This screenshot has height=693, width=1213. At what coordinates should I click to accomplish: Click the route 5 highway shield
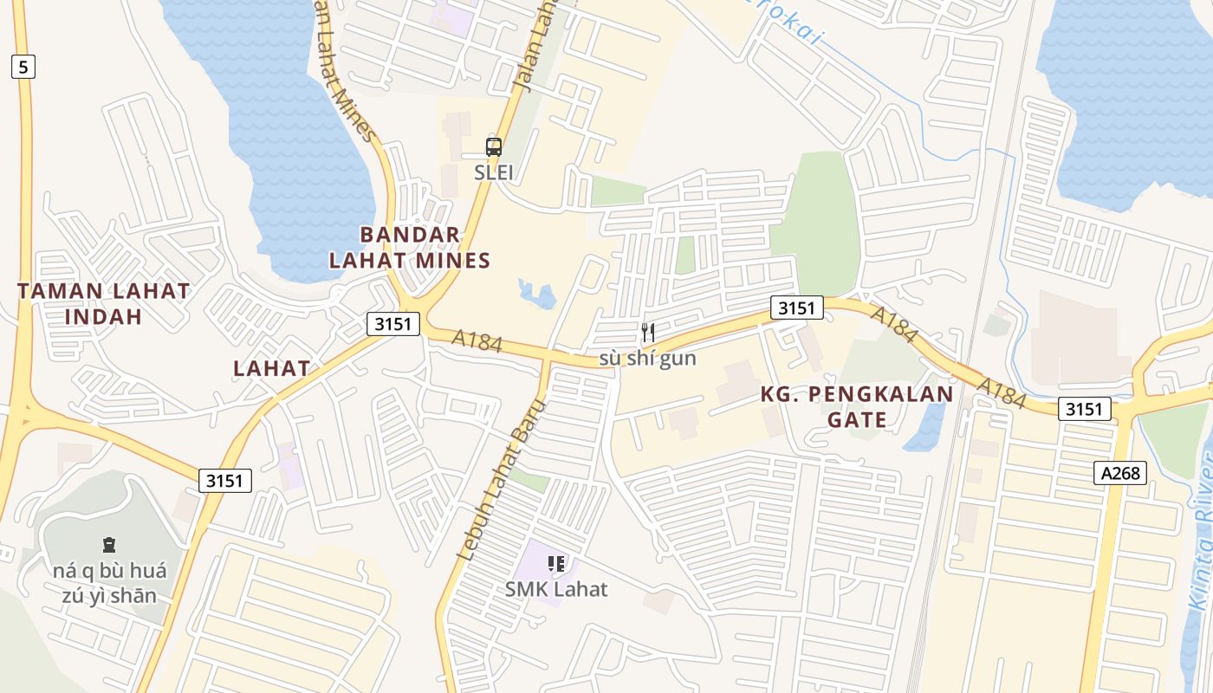point(23,67)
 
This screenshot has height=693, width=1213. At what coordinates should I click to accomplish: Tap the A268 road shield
point(1120,473)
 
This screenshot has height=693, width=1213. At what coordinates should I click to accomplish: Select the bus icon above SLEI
point(493,147)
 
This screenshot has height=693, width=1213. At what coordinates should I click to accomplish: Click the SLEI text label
point(493,172)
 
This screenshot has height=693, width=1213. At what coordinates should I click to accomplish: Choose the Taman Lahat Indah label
point(103,303)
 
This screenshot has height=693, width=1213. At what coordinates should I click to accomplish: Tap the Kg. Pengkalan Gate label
point(856,407)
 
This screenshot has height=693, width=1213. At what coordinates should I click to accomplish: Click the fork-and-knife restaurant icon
point(647,332)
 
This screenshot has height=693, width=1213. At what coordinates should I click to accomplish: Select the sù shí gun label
point(647,358)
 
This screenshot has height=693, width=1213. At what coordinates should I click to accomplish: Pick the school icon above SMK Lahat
point(556,565)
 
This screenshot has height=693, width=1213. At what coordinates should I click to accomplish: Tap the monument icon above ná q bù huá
point(109,545)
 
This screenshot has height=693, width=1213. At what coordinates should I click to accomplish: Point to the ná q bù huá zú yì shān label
point(109,583)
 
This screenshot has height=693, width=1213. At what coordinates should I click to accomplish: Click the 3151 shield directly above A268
point(1084,409)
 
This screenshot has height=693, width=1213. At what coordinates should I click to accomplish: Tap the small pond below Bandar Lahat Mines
point(538,294)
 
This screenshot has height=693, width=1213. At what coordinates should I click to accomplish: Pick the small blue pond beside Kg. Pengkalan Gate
point(925,429)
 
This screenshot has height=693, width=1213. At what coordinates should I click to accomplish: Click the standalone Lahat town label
point(271,368)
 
